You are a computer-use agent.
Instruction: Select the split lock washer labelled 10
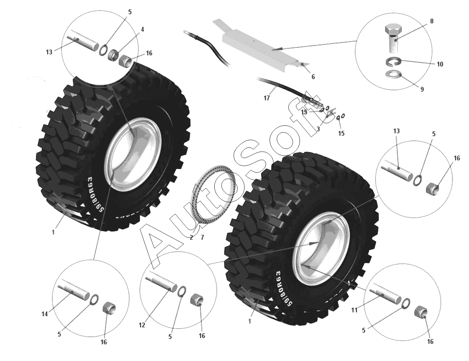point(392,61)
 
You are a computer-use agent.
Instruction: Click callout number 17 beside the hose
point(267,98)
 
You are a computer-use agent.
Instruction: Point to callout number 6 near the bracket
point(313,77)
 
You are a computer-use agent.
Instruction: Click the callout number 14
point(44,314)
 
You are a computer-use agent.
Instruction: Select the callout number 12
point(142,325)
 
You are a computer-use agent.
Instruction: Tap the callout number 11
point(354,310)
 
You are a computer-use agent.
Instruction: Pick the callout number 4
point(142,29)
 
